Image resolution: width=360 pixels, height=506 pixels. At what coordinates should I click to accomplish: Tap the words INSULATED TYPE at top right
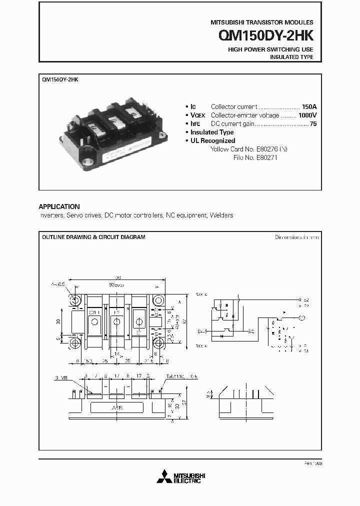291,57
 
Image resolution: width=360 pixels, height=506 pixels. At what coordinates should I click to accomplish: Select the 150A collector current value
309,106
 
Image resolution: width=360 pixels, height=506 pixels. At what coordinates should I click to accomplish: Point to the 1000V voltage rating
307,115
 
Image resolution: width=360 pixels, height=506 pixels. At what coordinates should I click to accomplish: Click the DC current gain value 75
313,123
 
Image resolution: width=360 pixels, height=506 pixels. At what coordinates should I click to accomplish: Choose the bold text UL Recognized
212,140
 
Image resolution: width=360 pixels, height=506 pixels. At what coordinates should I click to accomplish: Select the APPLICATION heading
59,206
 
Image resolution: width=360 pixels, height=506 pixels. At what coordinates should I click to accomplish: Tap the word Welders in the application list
222,215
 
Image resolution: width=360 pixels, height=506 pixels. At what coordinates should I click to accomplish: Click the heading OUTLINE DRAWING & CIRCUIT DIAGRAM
93,237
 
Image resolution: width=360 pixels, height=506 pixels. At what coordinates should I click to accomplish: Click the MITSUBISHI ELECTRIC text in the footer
187,478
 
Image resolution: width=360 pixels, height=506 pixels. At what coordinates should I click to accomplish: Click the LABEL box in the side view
118,407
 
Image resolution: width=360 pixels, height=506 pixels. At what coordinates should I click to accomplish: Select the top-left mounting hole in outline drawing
75,300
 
